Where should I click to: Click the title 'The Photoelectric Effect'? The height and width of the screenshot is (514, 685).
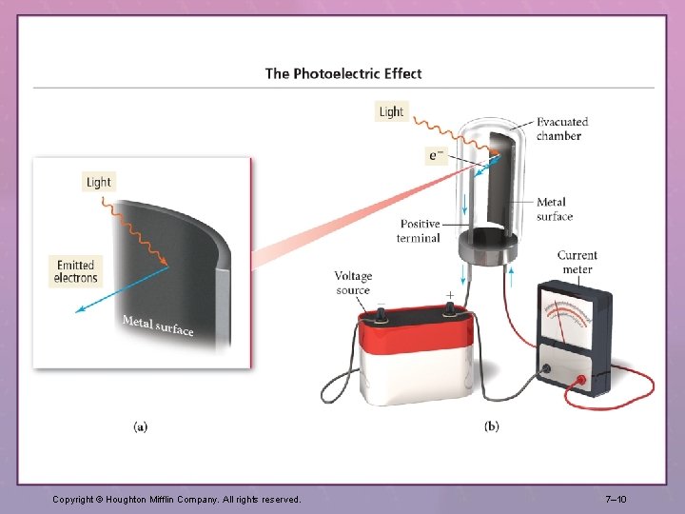pos(343,73)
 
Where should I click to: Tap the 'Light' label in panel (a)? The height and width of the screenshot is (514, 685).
pos(99,182)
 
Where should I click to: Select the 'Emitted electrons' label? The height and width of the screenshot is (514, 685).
pos(75,271)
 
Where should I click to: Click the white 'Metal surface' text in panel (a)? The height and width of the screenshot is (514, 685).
pos(158,326)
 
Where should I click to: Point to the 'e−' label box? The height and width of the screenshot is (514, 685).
pos(437,155)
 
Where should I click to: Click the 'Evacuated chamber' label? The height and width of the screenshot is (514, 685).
pos(562,128)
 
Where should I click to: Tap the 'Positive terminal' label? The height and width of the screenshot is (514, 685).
pos(419,230)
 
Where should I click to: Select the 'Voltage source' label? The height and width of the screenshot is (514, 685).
pos(353,283)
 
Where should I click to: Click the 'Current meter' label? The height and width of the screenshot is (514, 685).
pos(577,263)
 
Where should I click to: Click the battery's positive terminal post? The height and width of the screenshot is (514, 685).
pos(449,310)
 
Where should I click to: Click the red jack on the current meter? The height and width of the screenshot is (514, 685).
pos(581,380)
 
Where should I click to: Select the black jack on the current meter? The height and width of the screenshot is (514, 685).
pos(546,369)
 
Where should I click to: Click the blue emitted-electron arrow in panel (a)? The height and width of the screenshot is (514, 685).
pos(122,289)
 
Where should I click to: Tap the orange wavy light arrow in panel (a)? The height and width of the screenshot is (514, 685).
pos(135,232)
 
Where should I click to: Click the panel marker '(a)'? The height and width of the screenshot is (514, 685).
pos(140,426)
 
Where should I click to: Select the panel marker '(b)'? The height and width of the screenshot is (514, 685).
pos(492,426)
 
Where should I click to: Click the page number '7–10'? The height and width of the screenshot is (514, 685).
pos(616,499)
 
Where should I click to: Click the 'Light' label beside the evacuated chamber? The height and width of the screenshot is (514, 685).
pos(391,112)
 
